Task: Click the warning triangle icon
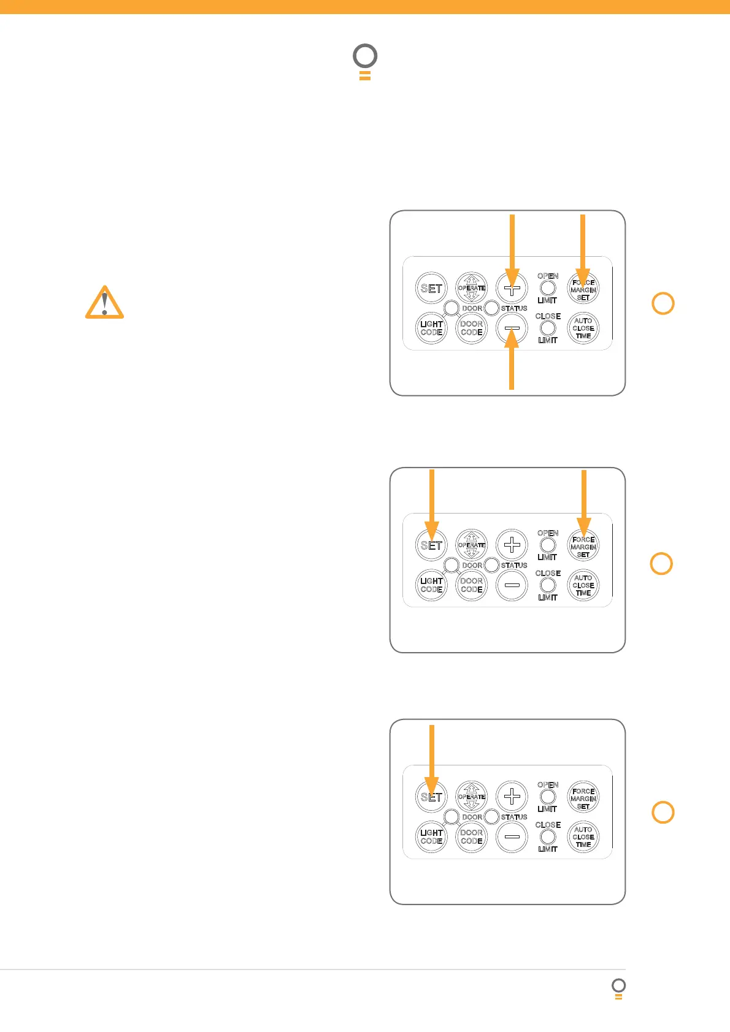coord(104,303)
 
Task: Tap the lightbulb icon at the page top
coord(365,62)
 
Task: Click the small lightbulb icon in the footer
coord(619,988)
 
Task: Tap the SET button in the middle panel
coord(431,545)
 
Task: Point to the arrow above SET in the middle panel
coord(432,503)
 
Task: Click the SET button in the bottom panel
coord(431,797)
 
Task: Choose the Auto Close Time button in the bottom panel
coord(583,837)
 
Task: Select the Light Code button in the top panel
coord(431,328)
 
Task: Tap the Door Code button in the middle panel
coord(471,585)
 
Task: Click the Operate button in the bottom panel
coord(471,797)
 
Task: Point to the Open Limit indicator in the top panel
coord(547,288)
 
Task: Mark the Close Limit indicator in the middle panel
coord(547,585)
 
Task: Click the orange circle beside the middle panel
coord(661,563)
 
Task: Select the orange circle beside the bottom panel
coord(663,812)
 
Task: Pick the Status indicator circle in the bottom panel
coord(491,817)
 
